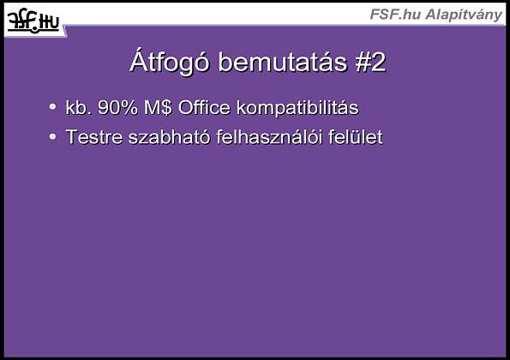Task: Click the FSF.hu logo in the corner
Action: [x=33, y=21]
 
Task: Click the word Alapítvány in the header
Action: [x=464, y=15]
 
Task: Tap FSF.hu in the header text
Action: [x=395, y=15]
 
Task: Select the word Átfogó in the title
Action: [x=169, y=62]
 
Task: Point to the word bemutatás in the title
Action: [x=282, y=62]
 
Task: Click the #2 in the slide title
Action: [x=370, y=62]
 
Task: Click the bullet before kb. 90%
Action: [x=52, y=106]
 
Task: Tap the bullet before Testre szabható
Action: [x=52, y=136]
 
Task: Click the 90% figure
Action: [x=117, y=107]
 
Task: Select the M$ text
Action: [x=158, y=107]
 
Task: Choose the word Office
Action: [x=204, y=107]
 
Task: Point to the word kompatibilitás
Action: [x=297, y=108]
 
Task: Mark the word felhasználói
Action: [x=269, y=136]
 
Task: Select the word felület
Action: [x=356, y=136]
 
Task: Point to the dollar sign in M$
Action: [x=166, y=107]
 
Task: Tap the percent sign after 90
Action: [x=129, y=107]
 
